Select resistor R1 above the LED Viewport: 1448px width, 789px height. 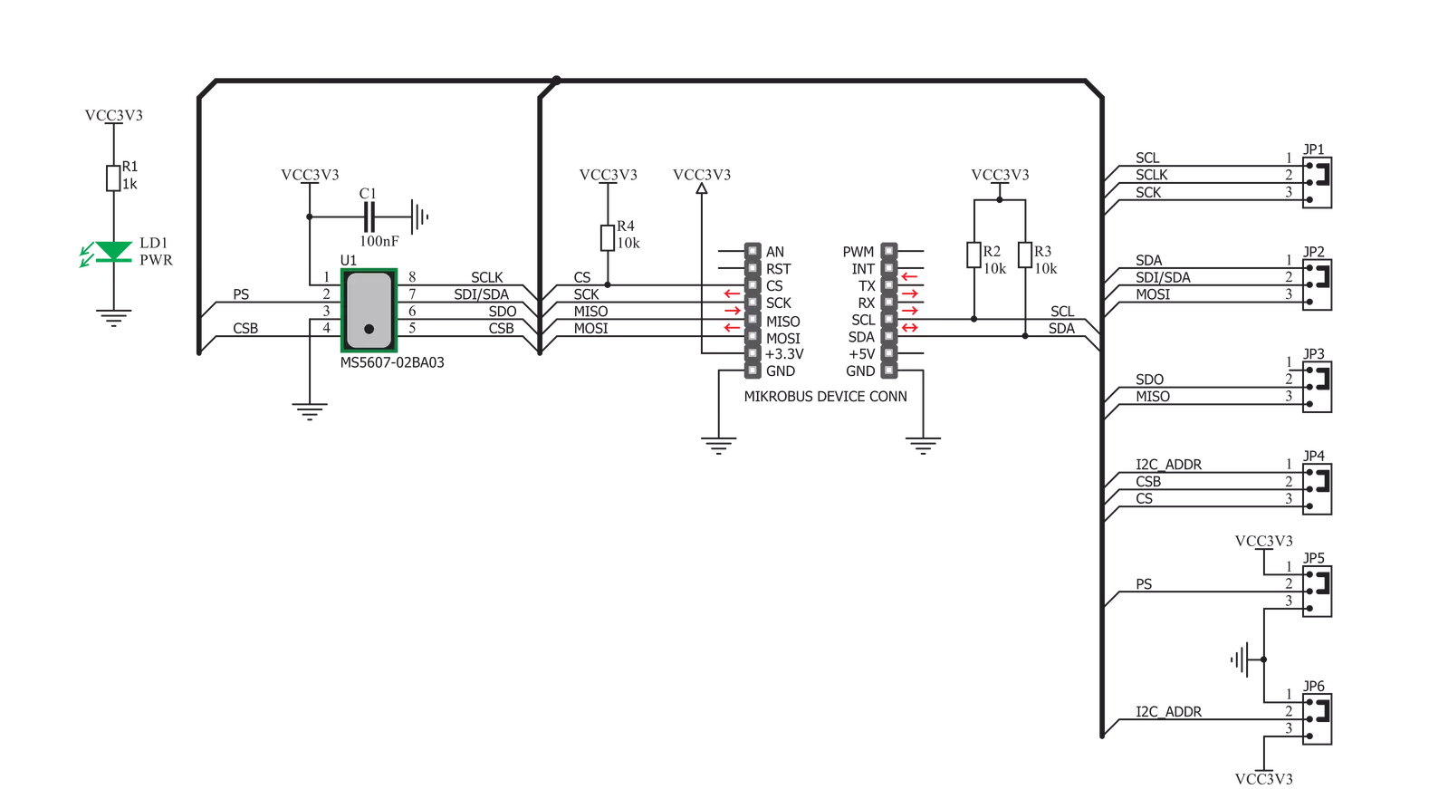point(112,178)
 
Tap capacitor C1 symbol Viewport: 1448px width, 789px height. point(370,217)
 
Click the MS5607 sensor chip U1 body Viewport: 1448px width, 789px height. point(369,310)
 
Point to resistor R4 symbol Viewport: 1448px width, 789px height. point(607,237)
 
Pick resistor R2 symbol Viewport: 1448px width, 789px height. point(973,255)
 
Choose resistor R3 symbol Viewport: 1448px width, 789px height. point(1024,255)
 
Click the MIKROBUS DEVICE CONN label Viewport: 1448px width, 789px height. point(824,397)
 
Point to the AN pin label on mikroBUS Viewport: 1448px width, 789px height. point(776,251)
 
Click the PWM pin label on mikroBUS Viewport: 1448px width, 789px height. point(858,251)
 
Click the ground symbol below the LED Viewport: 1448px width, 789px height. point(112,317)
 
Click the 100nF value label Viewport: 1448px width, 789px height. point(379,242)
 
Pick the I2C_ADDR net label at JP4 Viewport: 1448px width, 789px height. point(1168,464)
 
